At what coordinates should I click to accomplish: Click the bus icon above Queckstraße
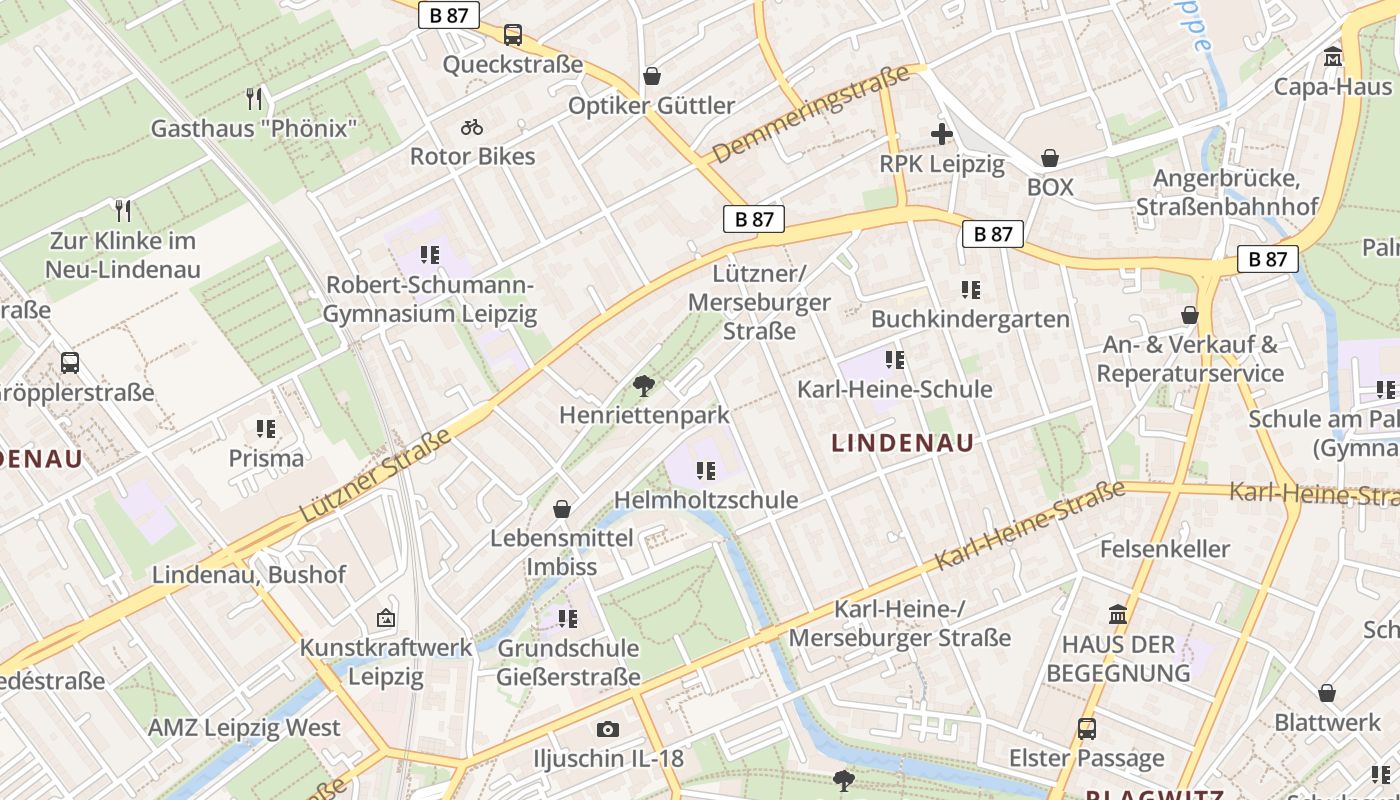[x=513, y=35]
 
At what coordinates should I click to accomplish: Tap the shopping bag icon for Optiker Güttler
[x=652, y=76]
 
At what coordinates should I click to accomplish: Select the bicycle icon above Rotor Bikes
[x=472, y=127]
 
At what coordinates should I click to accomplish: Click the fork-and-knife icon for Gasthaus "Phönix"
[x=254, y=99]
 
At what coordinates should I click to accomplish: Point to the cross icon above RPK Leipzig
[x=941, y=133]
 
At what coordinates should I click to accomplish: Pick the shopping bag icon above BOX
[x=1050, y=158]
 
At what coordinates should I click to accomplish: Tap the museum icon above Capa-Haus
[x=1333, y=57]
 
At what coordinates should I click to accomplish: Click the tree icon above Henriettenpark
[x=644, y=385]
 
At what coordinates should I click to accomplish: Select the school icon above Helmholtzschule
[x=706, y=470]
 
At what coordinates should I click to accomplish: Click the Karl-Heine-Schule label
[x=894, y=389]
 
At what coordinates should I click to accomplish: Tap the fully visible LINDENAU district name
[x=903, y=443]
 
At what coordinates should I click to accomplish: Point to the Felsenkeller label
[x=1164, y=549]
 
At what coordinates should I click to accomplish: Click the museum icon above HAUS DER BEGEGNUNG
[x=1118, y=613]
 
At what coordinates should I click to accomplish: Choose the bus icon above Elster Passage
[x=1087, y=729]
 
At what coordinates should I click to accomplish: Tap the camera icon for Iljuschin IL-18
[x=607, y=729]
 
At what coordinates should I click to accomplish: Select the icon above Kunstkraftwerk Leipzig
[x=386, y=618]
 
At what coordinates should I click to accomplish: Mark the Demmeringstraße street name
[x=811, y=113]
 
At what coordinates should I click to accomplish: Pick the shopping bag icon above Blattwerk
[x=1327, y=693]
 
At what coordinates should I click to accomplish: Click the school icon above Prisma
[x=265, y=429]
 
